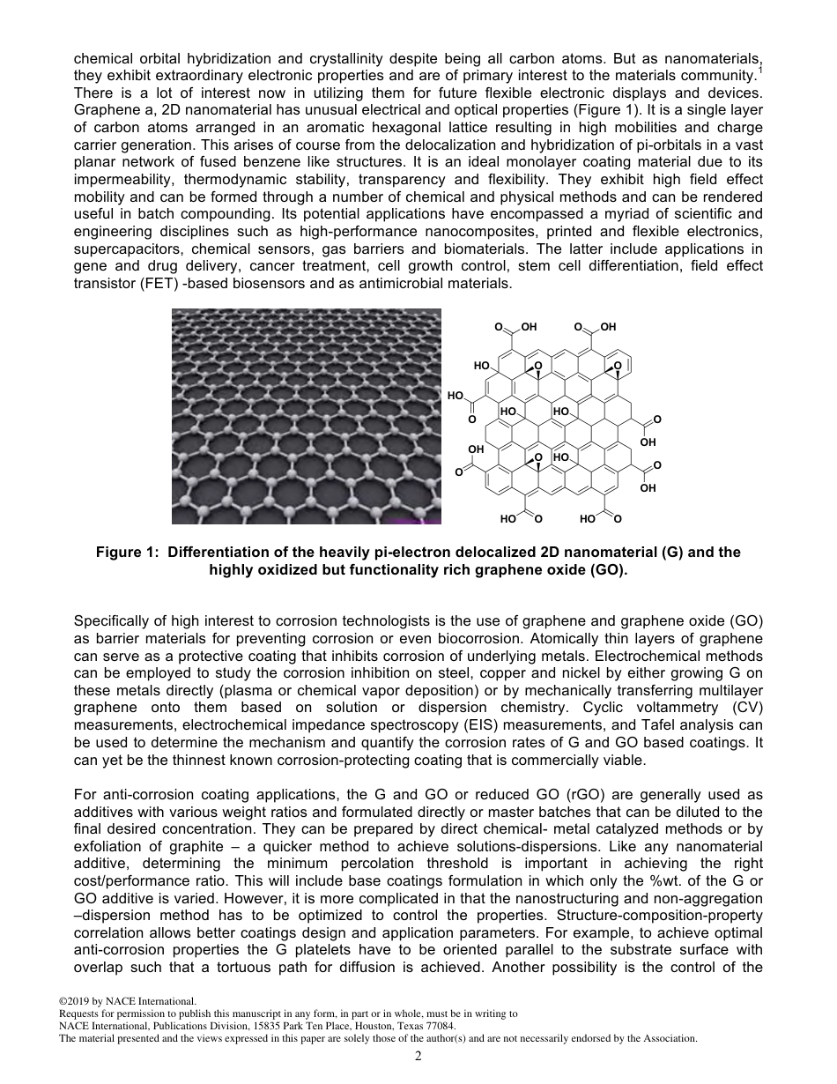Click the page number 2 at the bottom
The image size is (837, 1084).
point(418,1055)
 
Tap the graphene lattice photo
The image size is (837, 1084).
point(306,416)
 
